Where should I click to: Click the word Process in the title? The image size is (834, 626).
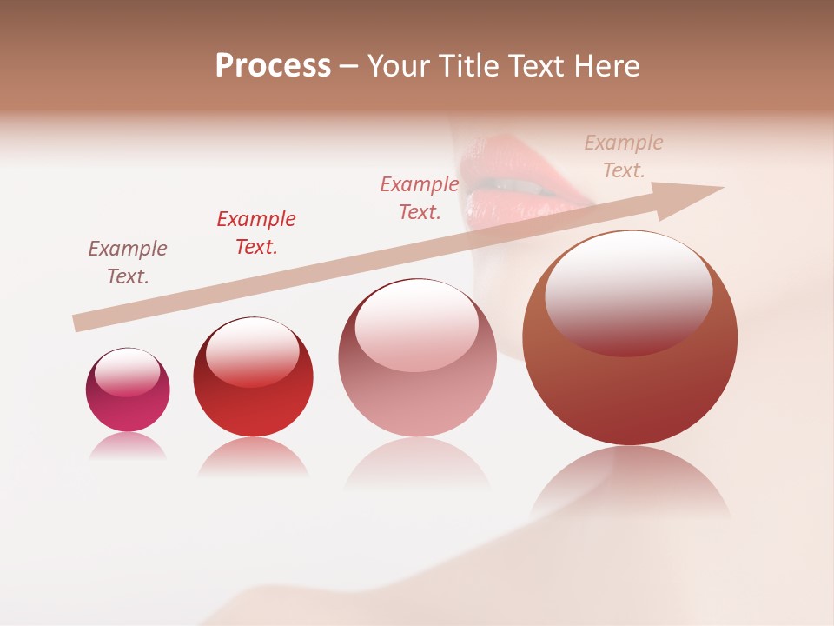click(273, 66)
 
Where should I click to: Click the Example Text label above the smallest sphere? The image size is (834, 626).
click(128, 262)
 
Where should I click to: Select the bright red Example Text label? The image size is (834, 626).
click(256, 232)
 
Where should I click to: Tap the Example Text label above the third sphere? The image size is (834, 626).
click(420, 197)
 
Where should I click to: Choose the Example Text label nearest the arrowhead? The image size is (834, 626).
click(624, 156)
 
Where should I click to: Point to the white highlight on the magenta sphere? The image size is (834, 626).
click(127, 373)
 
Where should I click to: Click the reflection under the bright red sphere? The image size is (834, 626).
click(253, 456)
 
